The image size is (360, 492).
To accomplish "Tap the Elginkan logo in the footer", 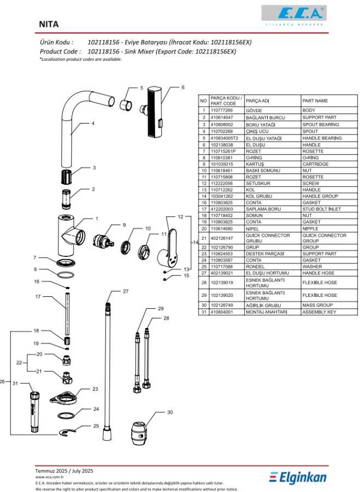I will (298, 477).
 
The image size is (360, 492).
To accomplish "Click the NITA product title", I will (49, 25).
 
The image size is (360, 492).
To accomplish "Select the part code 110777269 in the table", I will (221, 110).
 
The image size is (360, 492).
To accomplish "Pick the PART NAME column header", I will (315, 101).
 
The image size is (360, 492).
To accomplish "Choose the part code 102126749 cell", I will (221, 305).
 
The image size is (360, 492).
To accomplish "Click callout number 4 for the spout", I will (93, 124).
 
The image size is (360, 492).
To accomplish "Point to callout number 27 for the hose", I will (125, 291).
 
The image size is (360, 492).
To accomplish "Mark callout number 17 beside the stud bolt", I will (38, 297).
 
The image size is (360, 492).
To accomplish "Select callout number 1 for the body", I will (97, 219).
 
